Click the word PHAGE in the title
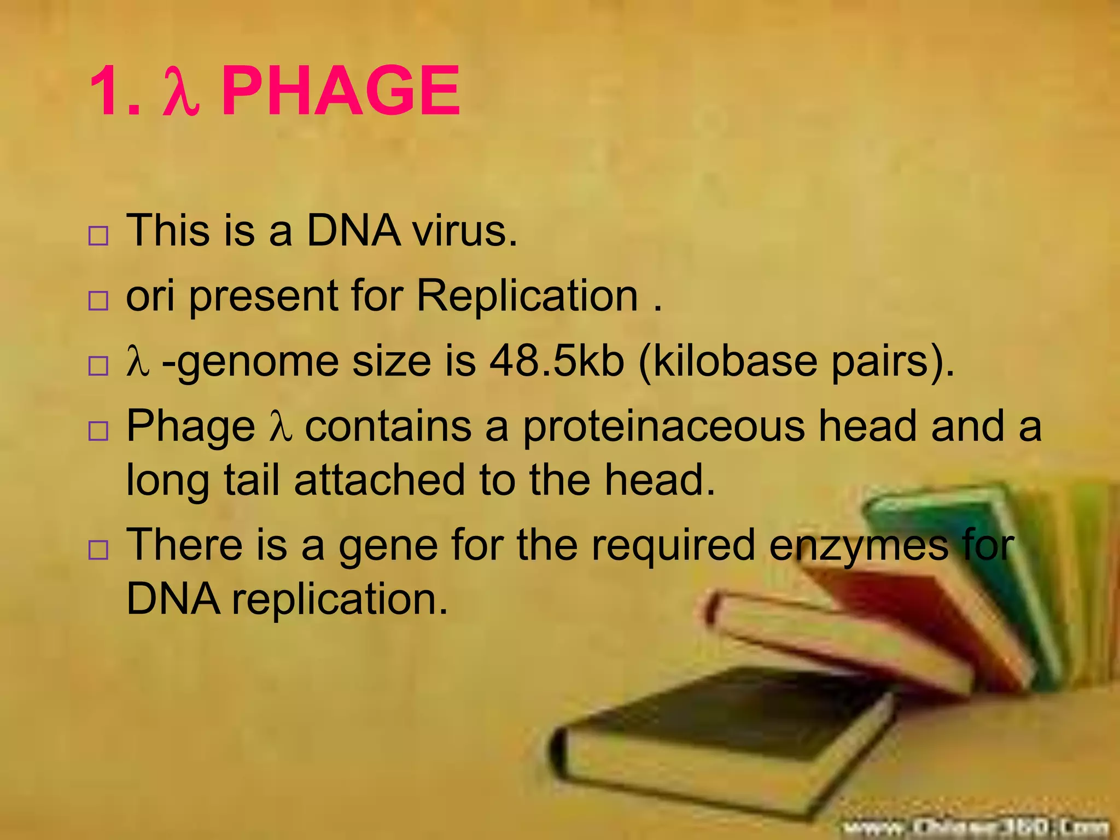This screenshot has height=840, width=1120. pos(340,91)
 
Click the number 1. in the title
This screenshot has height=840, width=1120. pos(114,91)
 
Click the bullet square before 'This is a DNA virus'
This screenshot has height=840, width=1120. pos(98,236)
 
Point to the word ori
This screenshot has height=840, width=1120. pos(150,296)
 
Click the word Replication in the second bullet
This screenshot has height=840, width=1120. pos(527,296)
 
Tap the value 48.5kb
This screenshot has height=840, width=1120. pos(556,361)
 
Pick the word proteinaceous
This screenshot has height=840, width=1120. pos(663,427)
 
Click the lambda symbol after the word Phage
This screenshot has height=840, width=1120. pos(281,427)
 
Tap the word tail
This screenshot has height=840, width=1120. pos(252,480)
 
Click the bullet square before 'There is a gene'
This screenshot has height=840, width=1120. pos(98,549)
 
